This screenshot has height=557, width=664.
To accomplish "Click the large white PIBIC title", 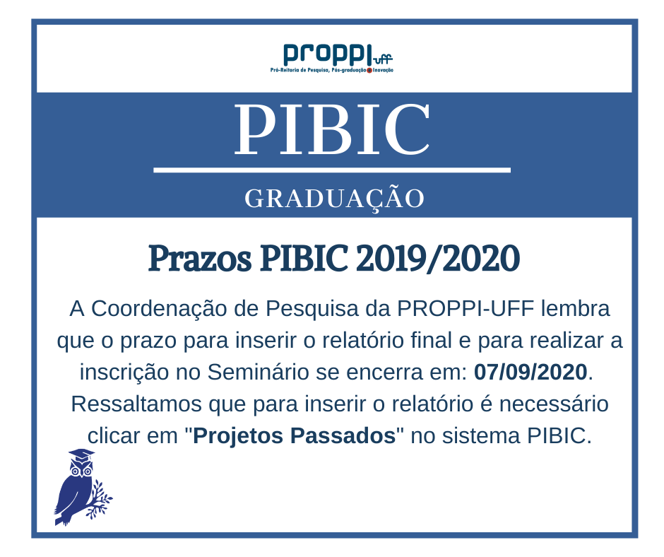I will coord(332,131).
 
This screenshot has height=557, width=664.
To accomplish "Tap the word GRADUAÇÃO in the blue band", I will coord(334,199).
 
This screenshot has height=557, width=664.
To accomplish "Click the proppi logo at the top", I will coord(331,57).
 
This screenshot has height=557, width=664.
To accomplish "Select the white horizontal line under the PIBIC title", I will coord(331,170).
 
